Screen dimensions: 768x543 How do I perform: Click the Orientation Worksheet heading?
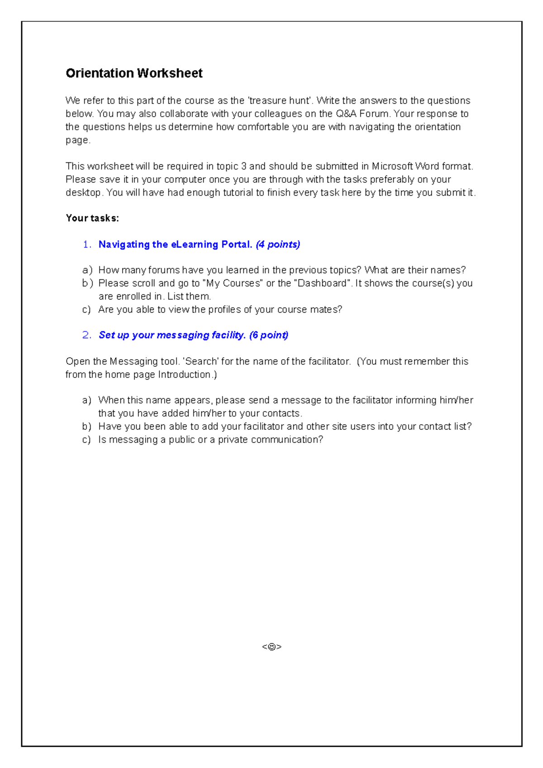coord(134,73)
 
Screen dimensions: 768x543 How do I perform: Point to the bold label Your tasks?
coord(92,218)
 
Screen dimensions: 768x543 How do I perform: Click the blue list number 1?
coord(87,245)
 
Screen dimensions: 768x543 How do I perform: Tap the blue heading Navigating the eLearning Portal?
coord(175,245)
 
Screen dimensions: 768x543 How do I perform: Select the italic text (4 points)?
coord(278,245)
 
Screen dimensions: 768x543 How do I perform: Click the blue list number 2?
coord(87,335)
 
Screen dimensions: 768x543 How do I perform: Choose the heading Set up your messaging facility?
coord(172,335)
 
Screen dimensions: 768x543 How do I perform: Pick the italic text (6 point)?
coord(269,335)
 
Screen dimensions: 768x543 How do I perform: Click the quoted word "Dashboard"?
coord(323,283)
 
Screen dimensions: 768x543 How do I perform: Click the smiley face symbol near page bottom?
coord(271,647)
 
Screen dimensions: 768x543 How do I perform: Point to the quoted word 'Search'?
coord(200,361)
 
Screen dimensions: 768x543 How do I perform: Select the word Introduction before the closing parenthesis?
coord(184,375)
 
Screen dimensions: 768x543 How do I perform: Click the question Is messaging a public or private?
coord(210,440)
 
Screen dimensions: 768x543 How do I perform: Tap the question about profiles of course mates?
coord(220,309)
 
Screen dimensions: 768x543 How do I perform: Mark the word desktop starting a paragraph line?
coord(83,193)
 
